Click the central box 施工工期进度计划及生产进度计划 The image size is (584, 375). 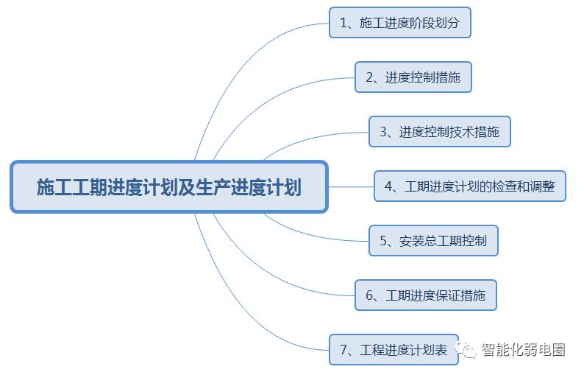click(x=168, y=187)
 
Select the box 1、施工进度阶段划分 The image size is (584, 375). click(x=399, y=22)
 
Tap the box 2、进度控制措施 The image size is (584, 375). click(x=413, y=77)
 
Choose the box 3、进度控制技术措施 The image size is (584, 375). click(x=439, y=132)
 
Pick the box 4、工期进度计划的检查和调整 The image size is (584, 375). click(x=469, y=186)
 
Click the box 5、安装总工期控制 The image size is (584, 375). click(x=433, y=240)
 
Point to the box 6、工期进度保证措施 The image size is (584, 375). click(x=425, y=295)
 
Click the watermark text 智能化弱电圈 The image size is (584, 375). click(x=523, y=350)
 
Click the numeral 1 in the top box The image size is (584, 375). click(x=343, y=23)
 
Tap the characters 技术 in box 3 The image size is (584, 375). click(x=463, y=133)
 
